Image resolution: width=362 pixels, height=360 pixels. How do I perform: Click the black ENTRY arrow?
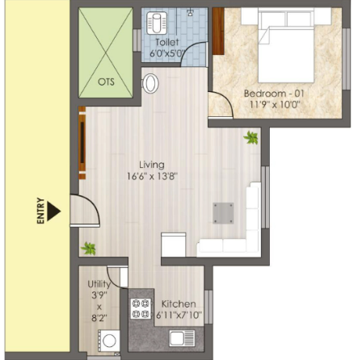53,211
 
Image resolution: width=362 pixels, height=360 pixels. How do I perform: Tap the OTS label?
106,82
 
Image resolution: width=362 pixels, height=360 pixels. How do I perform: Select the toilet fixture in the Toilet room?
157,23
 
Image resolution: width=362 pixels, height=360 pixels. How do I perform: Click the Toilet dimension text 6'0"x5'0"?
166,53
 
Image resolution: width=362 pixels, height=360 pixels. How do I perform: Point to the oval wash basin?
150,83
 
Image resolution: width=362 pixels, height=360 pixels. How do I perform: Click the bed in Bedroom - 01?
286,45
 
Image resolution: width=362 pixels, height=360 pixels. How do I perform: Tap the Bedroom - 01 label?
274,94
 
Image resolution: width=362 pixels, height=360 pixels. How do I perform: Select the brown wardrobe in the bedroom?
218,31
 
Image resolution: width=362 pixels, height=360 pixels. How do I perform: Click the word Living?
152,165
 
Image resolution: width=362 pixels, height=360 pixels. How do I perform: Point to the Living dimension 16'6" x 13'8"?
152,177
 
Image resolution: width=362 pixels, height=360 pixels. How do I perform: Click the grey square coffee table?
223,213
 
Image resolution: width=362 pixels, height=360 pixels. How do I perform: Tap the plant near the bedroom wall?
251,137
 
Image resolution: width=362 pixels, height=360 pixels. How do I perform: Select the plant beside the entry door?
88,248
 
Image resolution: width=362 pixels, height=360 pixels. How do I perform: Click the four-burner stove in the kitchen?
141,308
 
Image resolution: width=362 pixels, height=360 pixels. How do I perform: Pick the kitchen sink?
182,338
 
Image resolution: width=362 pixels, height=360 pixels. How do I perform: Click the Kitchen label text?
179,304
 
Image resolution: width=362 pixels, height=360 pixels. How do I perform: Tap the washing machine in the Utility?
109,341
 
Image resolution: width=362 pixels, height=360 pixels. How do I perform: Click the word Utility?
99,284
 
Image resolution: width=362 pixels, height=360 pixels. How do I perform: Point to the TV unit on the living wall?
82,143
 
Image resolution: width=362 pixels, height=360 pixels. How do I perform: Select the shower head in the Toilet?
190,12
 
